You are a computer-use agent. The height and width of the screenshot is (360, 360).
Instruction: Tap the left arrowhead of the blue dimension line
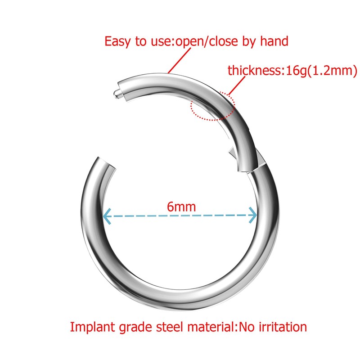[106, 216]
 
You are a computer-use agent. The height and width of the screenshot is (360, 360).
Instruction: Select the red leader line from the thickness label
[238, 85]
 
